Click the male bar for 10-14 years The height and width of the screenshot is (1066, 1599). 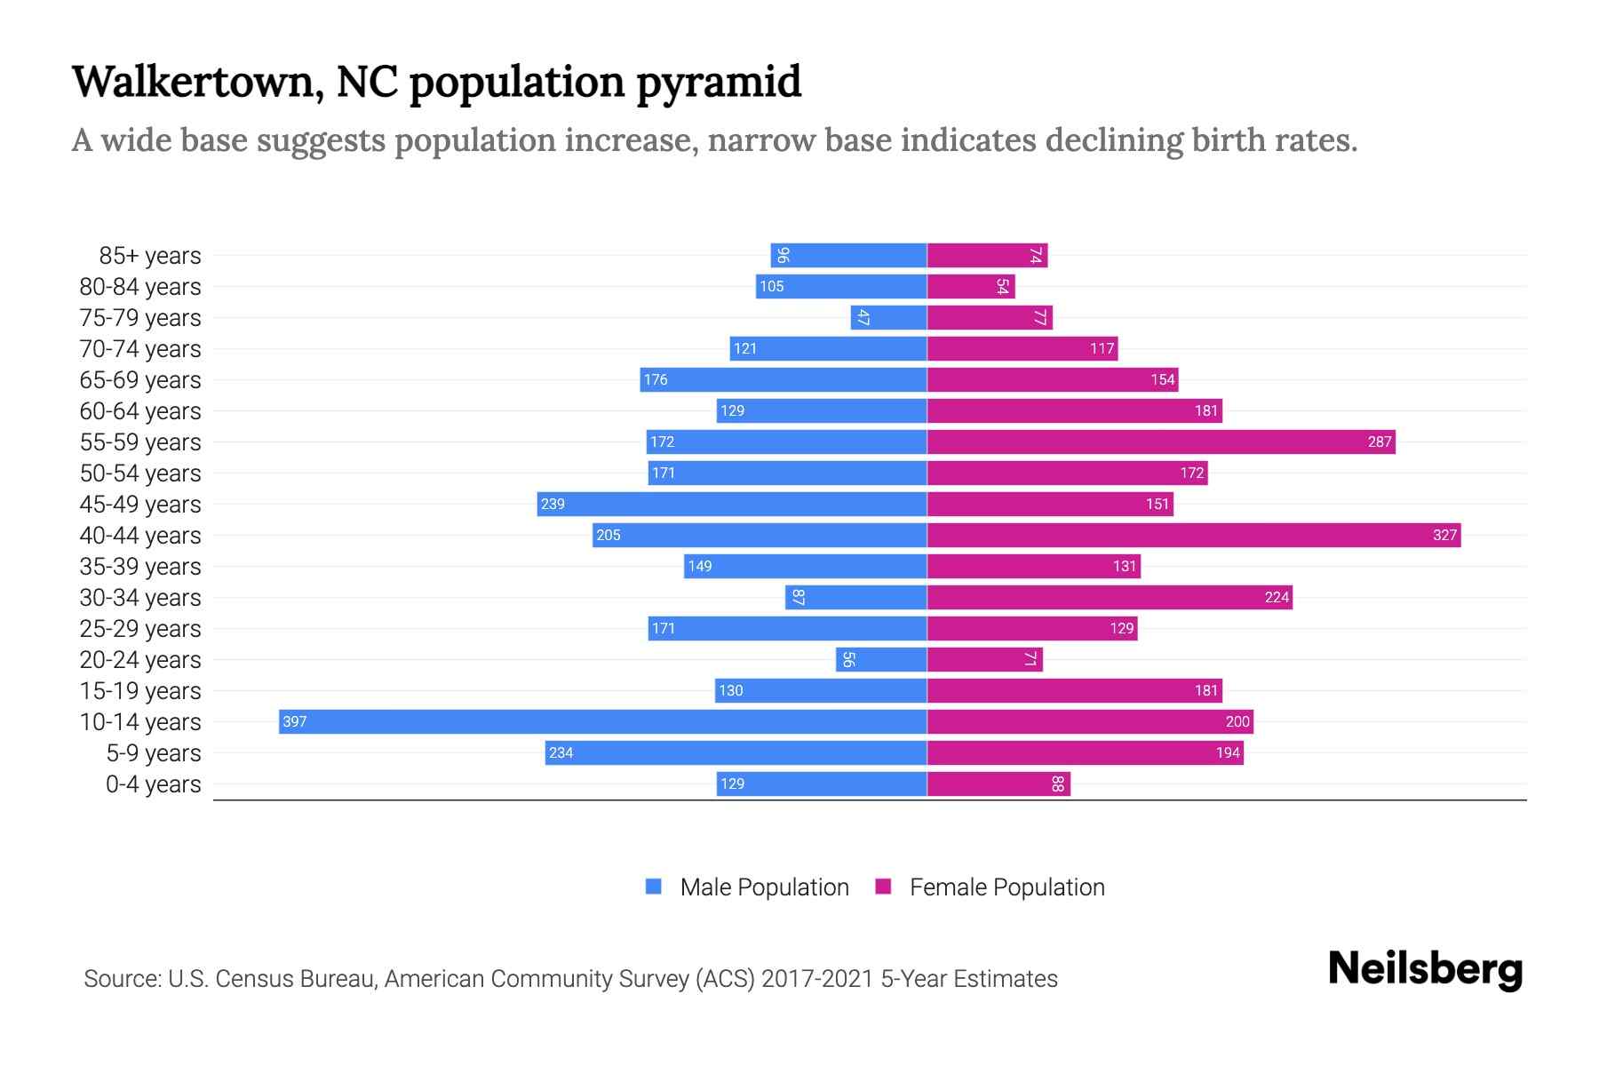[604, 721]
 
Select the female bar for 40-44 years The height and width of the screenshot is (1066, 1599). [1193, 535]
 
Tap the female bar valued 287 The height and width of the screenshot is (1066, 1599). [1160, 442]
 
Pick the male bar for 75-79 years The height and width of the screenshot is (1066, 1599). [888, 317]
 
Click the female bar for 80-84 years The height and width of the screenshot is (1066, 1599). [970, 286]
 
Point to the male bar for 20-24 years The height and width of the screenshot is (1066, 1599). [881, 659]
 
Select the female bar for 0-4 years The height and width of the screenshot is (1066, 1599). [998, 784]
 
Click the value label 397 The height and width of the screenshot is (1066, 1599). [294, 721]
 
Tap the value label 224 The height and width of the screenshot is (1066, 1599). [1277, 597]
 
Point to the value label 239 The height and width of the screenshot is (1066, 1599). [553, 504]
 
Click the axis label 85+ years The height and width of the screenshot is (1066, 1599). [150, 256]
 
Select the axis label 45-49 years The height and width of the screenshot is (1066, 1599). [140, 505]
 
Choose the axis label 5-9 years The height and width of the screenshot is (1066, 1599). [154, 753]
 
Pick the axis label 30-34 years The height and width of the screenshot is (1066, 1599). [140, 598]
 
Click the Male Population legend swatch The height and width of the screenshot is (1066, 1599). [654, 887]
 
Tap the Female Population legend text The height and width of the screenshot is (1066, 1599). [1006, 887]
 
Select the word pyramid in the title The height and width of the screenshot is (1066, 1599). [719, 82]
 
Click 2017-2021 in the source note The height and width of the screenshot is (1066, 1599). [817, 979]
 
